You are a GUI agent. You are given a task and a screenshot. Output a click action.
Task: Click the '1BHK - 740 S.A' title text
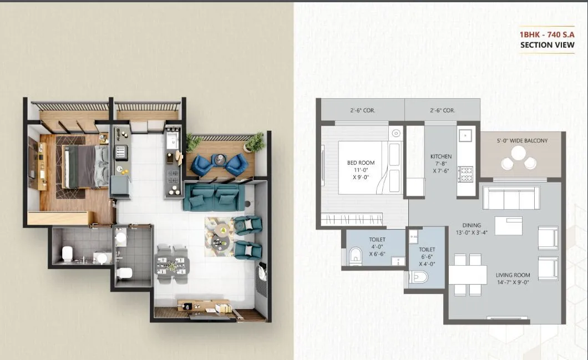pyautogui.click(x=546, y=34)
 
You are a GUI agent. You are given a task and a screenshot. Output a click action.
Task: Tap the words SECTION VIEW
pyautogui.click(x=546, y=45)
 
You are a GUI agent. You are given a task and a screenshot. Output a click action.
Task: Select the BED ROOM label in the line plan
pyautogui.click(x=361, y=163)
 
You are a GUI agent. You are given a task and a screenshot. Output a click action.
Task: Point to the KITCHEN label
pyautogui.click(x=441, y=156)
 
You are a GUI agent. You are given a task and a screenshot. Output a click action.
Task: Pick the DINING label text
pyautogui.click(x=472, y=225)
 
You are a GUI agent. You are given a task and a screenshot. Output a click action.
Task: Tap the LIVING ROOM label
pyautogui.click(x=514, y=275)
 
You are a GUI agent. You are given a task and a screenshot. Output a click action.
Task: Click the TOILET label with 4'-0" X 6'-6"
pyautogui.click(x=377, y=240)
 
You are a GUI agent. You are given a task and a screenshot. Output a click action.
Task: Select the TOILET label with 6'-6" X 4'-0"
pyautogui.click(x=427, y=250)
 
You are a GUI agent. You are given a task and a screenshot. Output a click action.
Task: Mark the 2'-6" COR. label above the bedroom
pyautogui.click(x=363, y=110)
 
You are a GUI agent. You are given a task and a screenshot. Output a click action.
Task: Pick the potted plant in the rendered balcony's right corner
pyautogui.click(x=254, y=142)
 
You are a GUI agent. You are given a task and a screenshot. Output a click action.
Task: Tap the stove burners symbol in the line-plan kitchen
pyautogui.click(x=464, y=174)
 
